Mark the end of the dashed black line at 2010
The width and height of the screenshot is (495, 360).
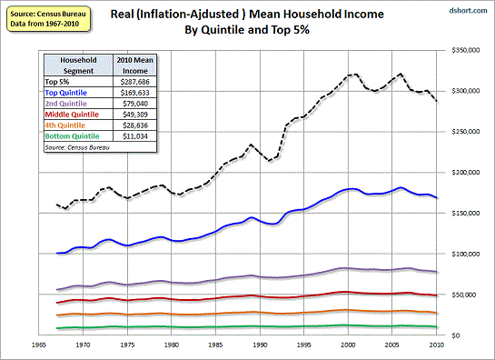tap(439, 101)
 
